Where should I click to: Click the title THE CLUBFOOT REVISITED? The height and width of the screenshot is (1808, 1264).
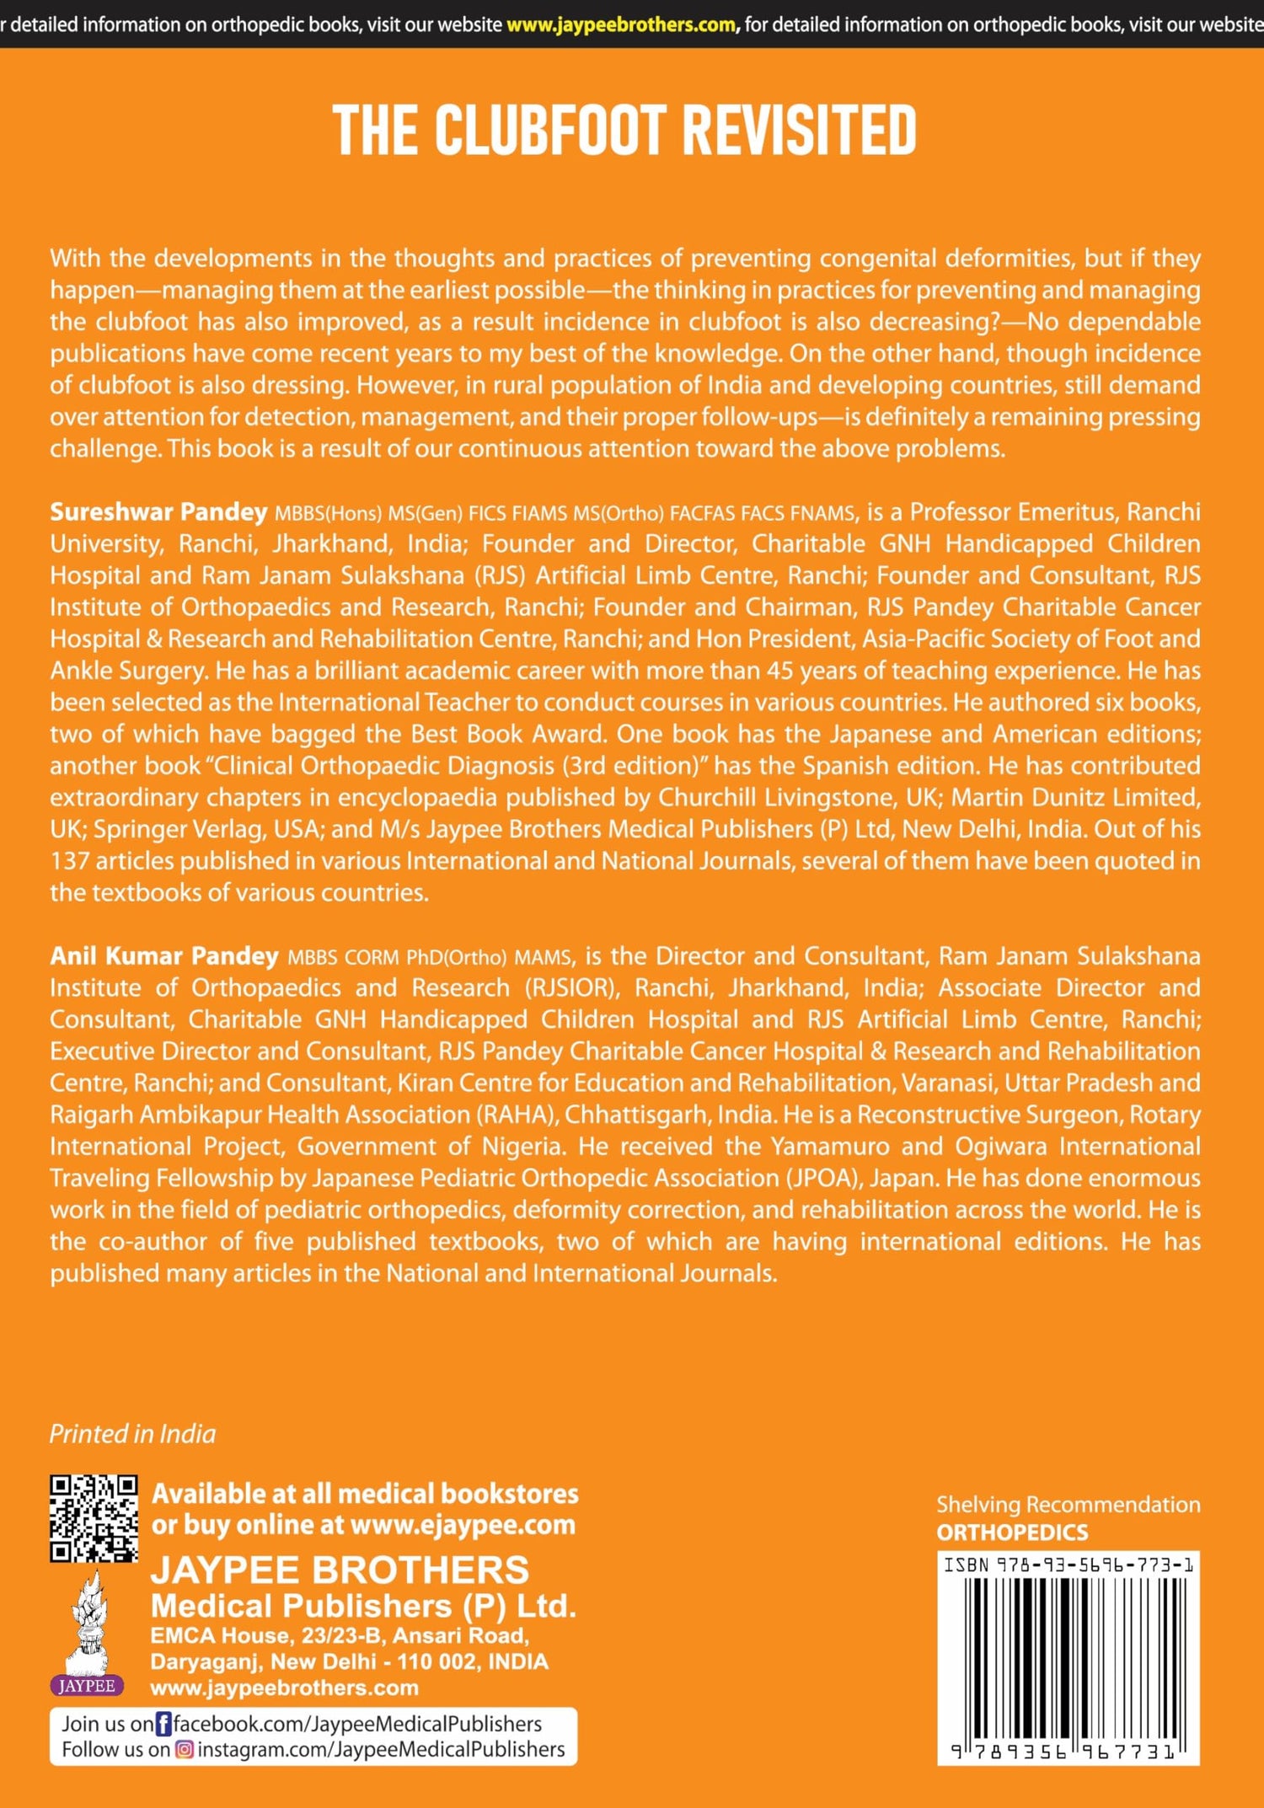624,131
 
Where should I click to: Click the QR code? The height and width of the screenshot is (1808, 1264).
94,1518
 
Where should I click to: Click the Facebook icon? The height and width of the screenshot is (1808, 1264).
163,1724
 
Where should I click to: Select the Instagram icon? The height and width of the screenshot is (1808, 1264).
184,1750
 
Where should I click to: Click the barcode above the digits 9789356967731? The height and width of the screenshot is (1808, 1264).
1069,1656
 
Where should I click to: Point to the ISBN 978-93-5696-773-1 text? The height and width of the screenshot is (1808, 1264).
1069,1565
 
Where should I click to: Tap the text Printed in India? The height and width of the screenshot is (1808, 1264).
132,1434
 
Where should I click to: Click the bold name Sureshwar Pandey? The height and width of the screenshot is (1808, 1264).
158,512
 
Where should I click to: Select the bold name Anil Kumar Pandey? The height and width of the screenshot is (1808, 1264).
164,956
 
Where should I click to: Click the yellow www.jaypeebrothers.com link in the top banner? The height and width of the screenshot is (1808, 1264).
621,24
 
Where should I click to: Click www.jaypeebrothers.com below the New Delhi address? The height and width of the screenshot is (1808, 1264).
284,1688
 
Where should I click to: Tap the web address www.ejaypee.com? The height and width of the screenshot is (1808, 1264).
463,1525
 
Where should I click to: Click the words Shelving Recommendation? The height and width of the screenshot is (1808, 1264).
1069,1505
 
